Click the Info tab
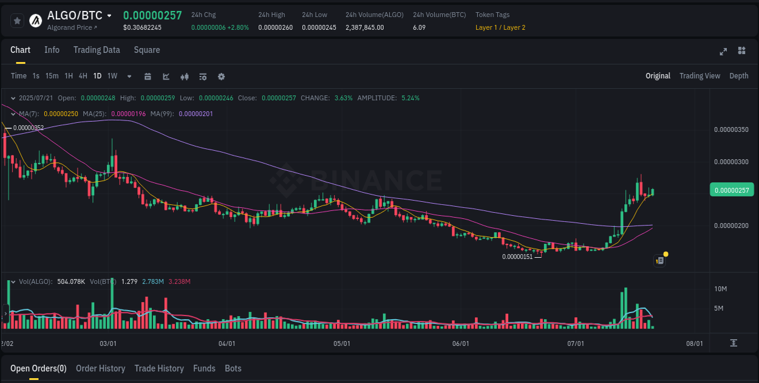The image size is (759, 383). pos(52,50)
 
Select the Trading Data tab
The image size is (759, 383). pos(97,50)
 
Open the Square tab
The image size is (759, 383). pos(147,50)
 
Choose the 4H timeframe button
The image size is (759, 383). pos(83,76)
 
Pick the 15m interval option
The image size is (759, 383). pos(52,76)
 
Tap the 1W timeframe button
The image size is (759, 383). pos(112,76)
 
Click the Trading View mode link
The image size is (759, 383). pos(699,76)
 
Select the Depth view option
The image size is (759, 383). pos(738,76)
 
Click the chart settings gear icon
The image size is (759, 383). pos(221,77)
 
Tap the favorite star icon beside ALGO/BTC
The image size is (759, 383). pos(18,21)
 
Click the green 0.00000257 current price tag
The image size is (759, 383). pos(731,190)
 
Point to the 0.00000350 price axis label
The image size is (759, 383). pos(731,129)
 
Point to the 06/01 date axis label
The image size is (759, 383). pos(461,343)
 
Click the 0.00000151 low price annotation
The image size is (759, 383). pos(517,257)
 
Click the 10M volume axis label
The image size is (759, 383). pos(721,288)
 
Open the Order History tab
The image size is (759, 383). pos(100,368)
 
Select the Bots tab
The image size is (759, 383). pos(233,368)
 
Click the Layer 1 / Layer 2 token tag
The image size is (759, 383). pos(500,27)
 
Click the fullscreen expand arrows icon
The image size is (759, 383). pos(723,51)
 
